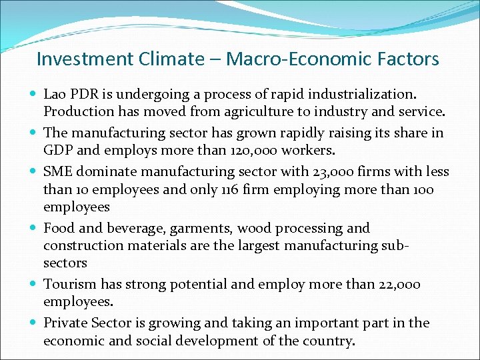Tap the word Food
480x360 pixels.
[58, 228]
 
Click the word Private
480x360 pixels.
[65, 323]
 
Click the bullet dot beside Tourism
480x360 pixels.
[33, 285]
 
